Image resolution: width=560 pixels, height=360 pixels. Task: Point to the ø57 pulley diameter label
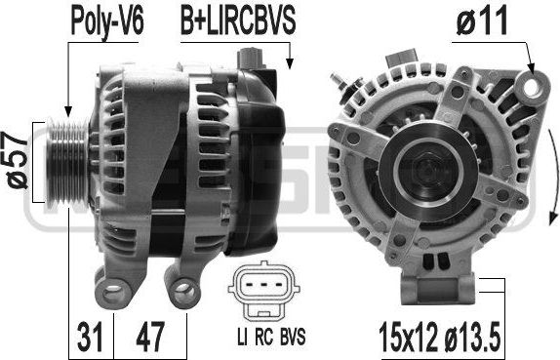click(x=17, y=160)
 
